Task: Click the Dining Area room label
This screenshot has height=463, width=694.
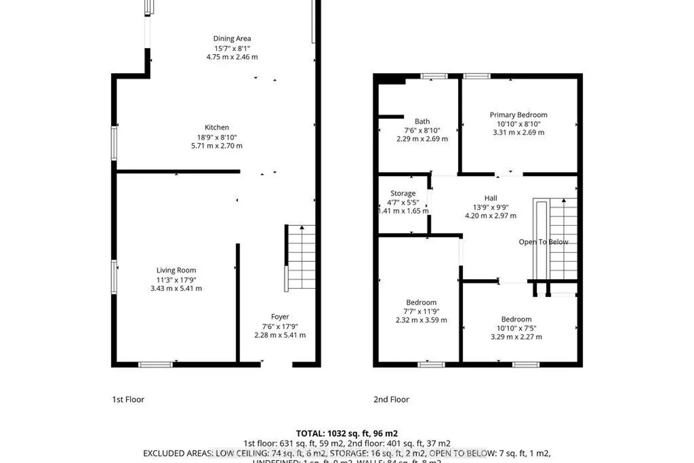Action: point(232,39)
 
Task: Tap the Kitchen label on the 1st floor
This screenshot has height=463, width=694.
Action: point(217,128)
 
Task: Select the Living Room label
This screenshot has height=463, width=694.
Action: point(176,270)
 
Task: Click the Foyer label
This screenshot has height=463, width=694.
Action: point(280,317)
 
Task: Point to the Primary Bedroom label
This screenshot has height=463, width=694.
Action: point(518,115)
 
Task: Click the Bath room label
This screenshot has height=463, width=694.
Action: point(422,121)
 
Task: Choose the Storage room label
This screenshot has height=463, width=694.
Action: point(403,194)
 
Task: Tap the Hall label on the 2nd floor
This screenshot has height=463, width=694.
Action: point(490,198)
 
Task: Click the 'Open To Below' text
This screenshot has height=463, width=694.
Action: point(543,242)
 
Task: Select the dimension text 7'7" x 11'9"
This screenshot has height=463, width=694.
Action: point(421,312)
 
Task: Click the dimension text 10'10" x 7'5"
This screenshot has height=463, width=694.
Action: point(516,328)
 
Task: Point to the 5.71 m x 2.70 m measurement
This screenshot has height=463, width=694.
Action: point(217,146)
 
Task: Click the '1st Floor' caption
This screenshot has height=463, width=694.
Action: point(128,400)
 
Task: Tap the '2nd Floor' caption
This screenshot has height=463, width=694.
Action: point(391,400)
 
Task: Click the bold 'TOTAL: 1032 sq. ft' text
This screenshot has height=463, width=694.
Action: point(347,434)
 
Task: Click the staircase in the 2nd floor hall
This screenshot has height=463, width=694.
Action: point(563,238)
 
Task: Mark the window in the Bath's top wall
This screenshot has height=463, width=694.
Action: point(434,76)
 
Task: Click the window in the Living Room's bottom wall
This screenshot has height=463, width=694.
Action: point(155,364)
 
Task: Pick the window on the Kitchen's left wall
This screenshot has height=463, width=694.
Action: point(114,144)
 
